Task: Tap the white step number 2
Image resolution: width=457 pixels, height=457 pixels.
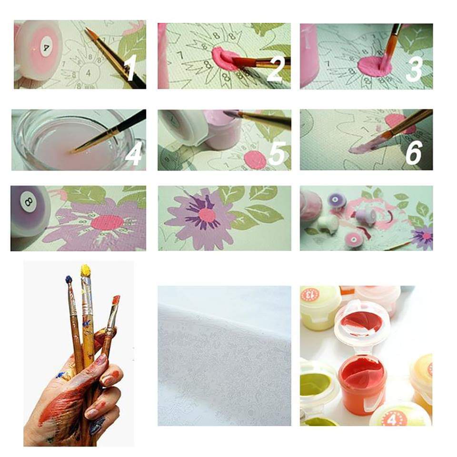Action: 275,68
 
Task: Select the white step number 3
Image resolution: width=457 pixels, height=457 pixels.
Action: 414,68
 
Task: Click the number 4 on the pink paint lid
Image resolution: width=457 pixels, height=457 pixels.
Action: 46,48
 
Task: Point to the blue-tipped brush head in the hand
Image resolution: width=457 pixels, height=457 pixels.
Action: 69,280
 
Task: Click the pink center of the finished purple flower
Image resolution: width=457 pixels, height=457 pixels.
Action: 207,215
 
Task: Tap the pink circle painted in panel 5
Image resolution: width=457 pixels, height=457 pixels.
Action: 255,159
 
